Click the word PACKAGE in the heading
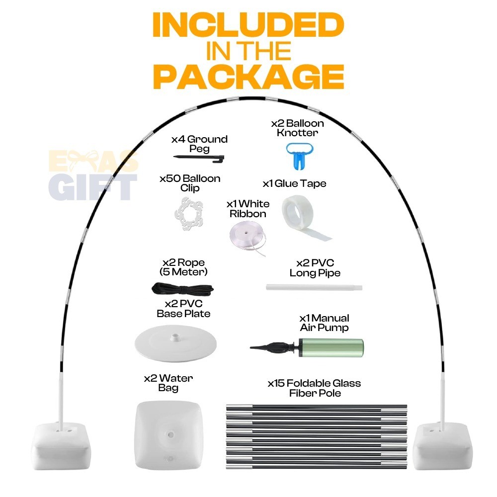tap(249, 77)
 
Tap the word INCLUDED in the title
tap(248, 25)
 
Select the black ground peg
tap(199, 159)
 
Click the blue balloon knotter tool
tap(300, 155)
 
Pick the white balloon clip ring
tap(189, 213)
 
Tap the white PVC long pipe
tap(314, 287)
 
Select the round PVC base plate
tap(175, 343)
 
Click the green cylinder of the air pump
tap(331, 347)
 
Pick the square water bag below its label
tap(169, 435)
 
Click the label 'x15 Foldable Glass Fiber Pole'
tap(315, 388)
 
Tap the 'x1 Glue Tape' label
tap(294, 183)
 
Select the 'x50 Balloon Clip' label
tap(190, 183)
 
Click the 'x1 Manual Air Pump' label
tap(324, 323)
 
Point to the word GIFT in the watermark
tap(92, 187)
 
